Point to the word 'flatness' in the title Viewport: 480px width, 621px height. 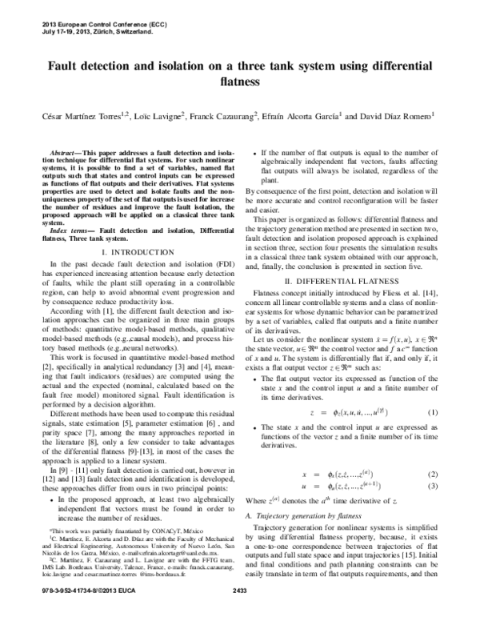240,82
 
